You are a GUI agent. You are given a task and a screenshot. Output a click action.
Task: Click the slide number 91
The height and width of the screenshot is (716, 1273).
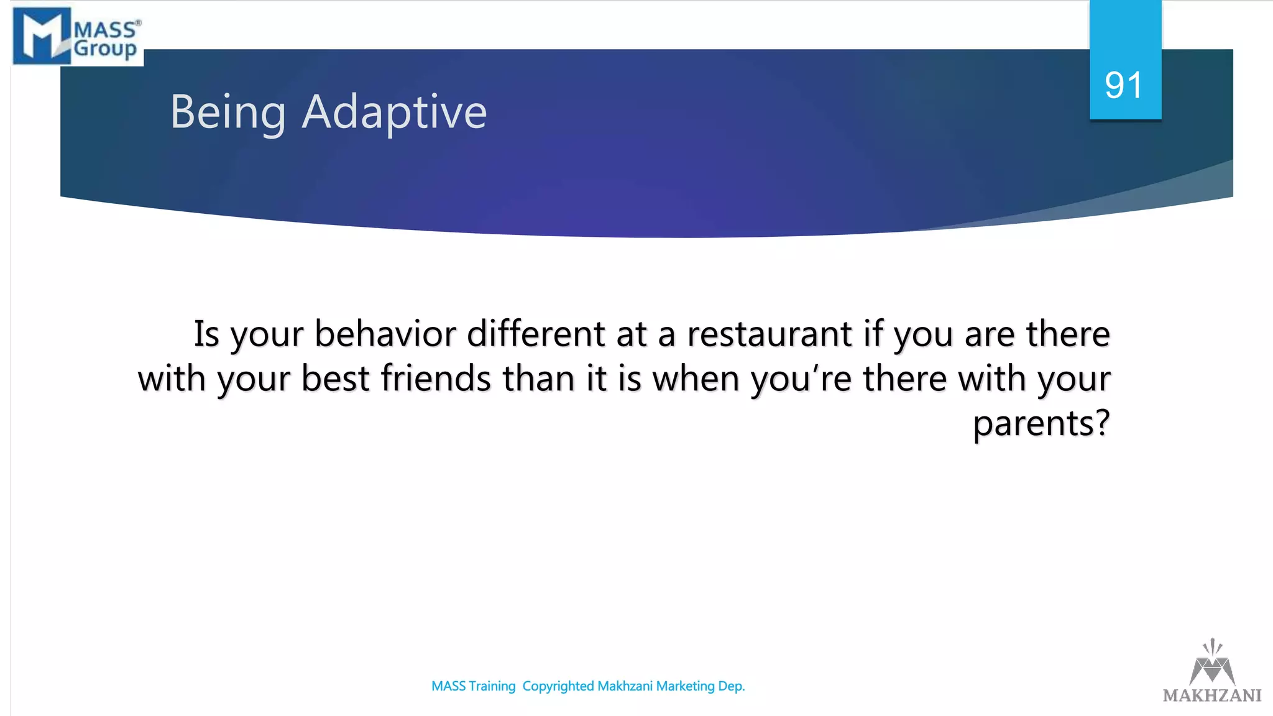(1124, 85)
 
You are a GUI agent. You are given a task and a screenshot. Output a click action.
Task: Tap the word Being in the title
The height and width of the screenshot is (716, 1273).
(228, 112)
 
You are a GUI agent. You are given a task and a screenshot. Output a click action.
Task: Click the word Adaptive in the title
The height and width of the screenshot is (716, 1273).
(394, 112)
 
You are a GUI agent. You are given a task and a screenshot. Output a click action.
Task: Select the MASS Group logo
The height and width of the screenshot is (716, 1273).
(78, 35)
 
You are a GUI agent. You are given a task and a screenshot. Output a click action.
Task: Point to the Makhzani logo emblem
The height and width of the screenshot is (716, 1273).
(1212, 661)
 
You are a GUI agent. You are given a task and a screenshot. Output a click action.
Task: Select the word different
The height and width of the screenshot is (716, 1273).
(535, 334)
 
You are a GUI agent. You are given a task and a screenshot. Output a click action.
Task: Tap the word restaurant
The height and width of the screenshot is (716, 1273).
(769, 334)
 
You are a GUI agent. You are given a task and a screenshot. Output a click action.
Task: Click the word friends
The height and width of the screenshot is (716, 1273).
(436, 379)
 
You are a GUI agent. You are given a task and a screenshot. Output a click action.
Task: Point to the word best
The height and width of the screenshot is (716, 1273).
(335, 379)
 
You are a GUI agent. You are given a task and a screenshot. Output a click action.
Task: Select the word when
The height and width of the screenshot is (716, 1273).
(696, 379)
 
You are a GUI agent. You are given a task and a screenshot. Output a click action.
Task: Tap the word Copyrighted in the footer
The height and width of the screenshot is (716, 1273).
(558, 686)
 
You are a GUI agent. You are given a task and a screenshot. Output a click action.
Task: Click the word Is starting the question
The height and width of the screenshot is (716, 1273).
(206, 334)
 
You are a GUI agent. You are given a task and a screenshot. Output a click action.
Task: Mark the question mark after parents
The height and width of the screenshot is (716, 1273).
(1103, 423)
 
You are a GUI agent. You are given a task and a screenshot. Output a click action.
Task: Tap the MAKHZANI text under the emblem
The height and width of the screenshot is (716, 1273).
(1212, 695)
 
